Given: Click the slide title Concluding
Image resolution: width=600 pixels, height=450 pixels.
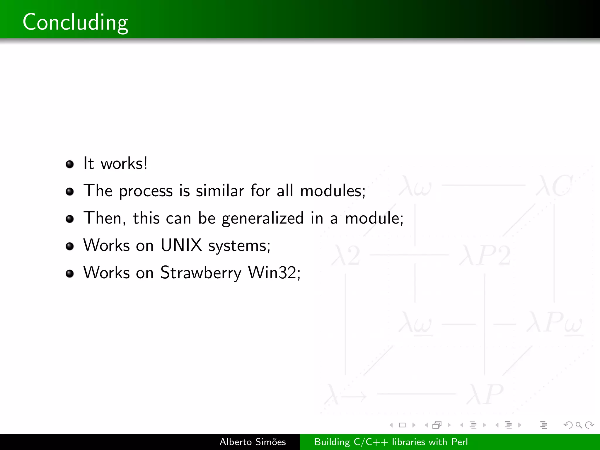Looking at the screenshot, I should [x=75, y=22].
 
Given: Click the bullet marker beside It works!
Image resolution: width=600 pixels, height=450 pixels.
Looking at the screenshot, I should [x=70, y=164].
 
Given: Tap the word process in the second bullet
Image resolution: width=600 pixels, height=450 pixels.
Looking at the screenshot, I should [x=146, y=191].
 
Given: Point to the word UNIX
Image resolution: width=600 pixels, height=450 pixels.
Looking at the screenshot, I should [x=181, y=245].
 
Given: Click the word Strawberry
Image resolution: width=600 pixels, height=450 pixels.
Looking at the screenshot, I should [x=201, y=273].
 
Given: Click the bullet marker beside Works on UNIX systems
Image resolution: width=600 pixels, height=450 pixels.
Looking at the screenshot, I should [x=70, y=246].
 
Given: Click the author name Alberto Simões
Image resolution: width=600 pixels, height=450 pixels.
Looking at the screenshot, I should [x=253, y=442].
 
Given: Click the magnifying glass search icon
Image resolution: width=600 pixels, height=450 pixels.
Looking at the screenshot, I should [x=579, y=425].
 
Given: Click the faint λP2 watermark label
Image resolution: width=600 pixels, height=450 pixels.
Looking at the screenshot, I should [x=485, y=255].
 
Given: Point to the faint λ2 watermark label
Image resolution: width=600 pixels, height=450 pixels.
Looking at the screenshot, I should [x=346, y=255].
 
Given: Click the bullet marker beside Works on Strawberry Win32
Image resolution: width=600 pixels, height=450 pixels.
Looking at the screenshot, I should [x=70, y=274].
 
